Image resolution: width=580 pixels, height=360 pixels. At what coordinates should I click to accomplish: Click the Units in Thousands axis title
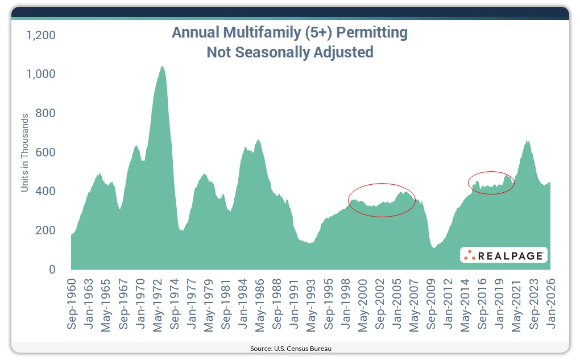[x=25, y=152]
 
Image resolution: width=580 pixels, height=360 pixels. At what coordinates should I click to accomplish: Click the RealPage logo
[x=503, y=255]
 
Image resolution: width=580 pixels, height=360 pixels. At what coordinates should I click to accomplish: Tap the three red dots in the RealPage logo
[x=469, y=255]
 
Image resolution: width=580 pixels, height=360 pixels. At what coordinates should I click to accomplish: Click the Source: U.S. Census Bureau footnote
[x=290, y=348]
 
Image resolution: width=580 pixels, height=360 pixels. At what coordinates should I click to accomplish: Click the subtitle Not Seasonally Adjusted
[x=290, y=52]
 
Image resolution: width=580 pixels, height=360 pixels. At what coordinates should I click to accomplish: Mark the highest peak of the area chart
[x=161, y=66]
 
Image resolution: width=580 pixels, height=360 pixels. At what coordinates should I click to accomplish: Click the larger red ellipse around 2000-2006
[x=382, y=200]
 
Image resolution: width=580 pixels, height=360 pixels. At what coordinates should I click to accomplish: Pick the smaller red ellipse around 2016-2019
[x=491, y=182]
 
